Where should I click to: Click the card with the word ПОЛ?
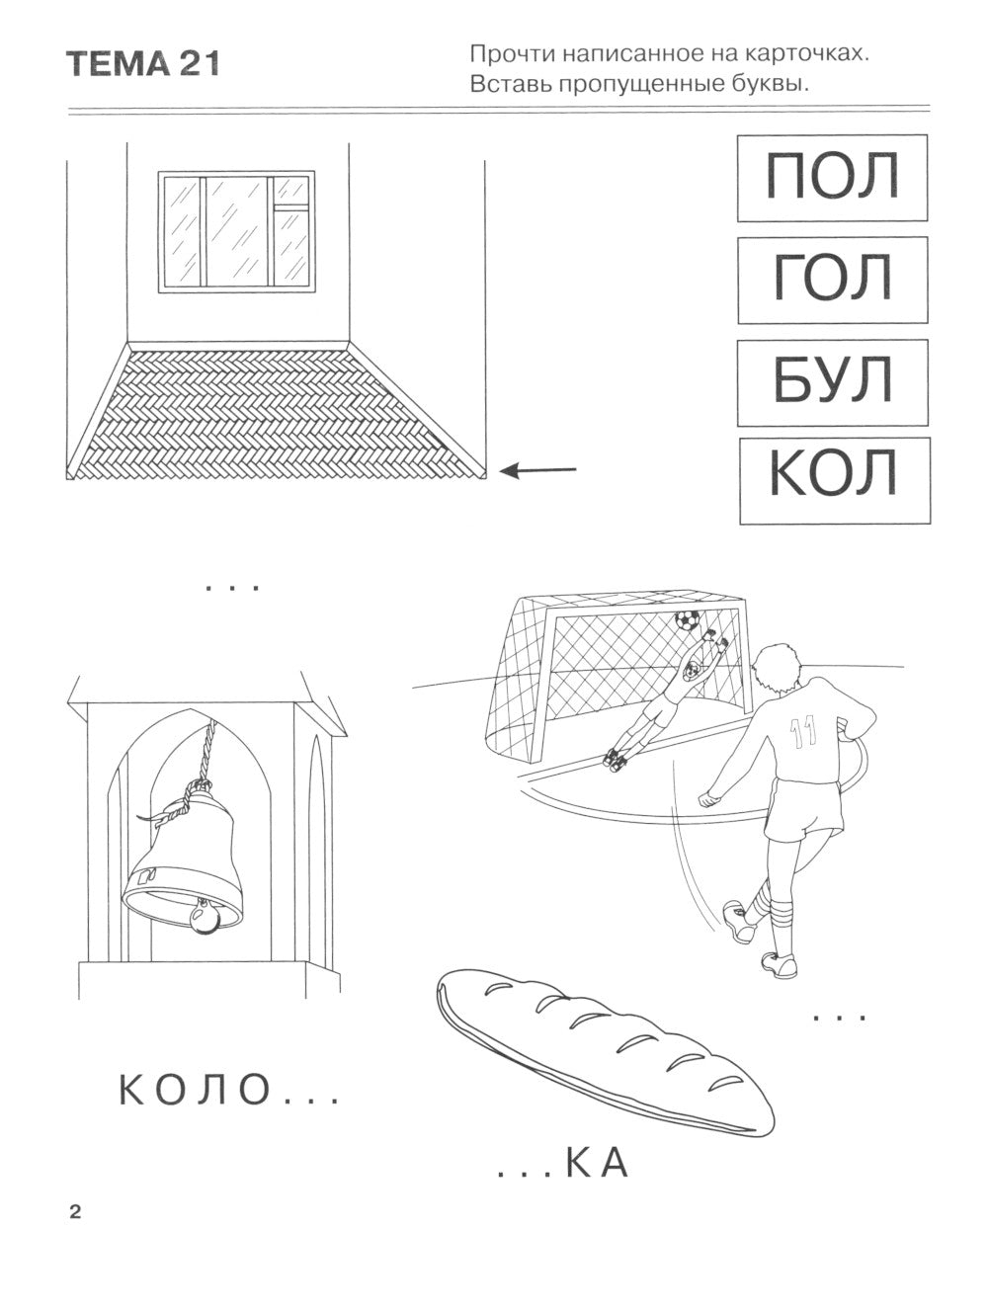pos(832,178)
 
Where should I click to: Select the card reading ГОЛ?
pos(832,280)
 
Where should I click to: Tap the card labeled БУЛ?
pos(832,383)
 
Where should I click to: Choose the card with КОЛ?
pos(835,481)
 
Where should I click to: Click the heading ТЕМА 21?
pos(143,64)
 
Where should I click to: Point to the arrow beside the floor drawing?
pos(537,470)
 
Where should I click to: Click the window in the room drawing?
pos(236,231)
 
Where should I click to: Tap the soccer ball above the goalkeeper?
pos(687,619)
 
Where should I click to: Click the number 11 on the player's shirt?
pos(802,731)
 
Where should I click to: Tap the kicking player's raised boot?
pos(739,922)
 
